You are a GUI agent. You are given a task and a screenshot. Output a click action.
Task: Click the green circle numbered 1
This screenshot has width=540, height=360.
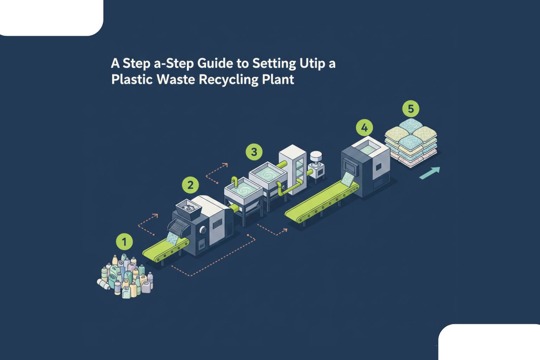(124, 242)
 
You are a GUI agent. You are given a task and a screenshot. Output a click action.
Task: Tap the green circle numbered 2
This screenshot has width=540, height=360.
(190, 185)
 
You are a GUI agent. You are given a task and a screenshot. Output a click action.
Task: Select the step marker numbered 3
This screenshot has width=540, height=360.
(254, 152)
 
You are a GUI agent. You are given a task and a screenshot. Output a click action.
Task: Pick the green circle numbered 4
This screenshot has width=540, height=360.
(364, 128)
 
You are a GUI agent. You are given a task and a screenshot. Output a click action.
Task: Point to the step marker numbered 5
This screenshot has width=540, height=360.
(411, 109)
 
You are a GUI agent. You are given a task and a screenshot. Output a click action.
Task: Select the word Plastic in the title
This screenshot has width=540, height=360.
(132, 79)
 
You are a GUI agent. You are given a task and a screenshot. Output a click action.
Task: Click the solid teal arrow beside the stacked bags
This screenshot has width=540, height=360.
(430, 173)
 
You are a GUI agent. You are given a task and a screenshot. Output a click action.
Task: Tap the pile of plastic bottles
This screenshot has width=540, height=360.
(125, 276)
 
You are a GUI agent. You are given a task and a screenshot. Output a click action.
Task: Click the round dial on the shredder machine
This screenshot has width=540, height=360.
(203, 231)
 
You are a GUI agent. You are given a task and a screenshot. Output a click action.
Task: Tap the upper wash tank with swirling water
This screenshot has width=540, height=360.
(268, 174)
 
